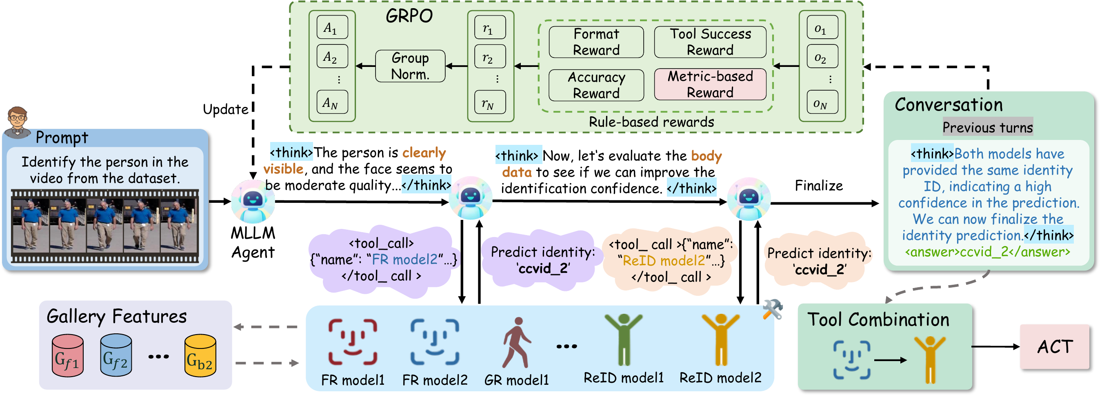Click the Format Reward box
tap(596, 42)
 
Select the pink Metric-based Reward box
tap(710, 84)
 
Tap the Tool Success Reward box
tap(710, 42)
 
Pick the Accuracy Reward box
tap(596, 85)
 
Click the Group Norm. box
tap(410, 66)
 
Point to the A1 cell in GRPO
tap(332, 27)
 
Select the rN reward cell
tap(490, 102)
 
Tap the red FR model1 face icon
tap(353, 342)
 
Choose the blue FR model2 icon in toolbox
tap(434, 342)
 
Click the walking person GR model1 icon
tap(516, 342)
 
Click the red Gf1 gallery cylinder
tap(68, 355)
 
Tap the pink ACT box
tap(1054, 346)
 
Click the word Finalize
tap(818, 186)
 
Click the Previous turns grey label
tap(987, 127)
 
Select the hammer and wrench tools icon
tap(772, 309)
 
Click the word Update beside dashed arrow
tap(225, 109)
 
